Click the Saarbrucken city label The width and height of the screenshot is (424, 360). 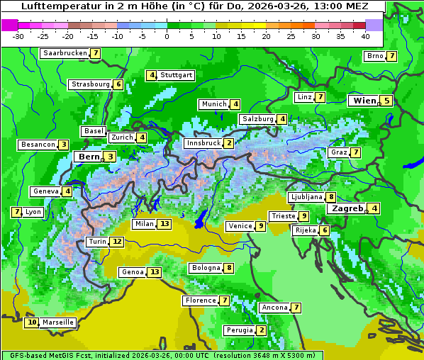64,53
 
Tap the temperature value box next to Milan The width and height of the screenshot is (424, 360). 164,224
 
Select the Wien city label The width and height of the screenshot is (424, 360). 364,101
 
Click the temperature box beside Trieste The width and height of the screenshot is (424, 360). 303,216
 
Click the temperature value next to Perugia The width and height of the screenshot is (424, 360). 262,330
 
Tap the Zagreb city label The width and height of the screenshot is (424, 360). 346,208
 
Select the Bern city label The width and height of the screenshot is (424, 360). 89,157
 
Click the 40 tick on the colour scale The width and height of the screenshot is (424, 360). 365,36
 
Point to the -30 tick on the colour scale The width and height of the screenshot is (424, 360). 18,36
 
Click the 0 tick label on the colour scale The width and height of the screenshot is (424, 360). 167,36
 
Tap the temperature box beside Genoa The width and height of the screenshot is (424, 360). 155,272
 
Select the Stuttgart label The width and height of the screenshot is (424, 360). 176,75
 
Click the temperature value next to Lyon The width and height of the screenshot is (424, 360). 16,212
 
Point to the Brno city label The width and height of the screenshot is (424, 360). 374,56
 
